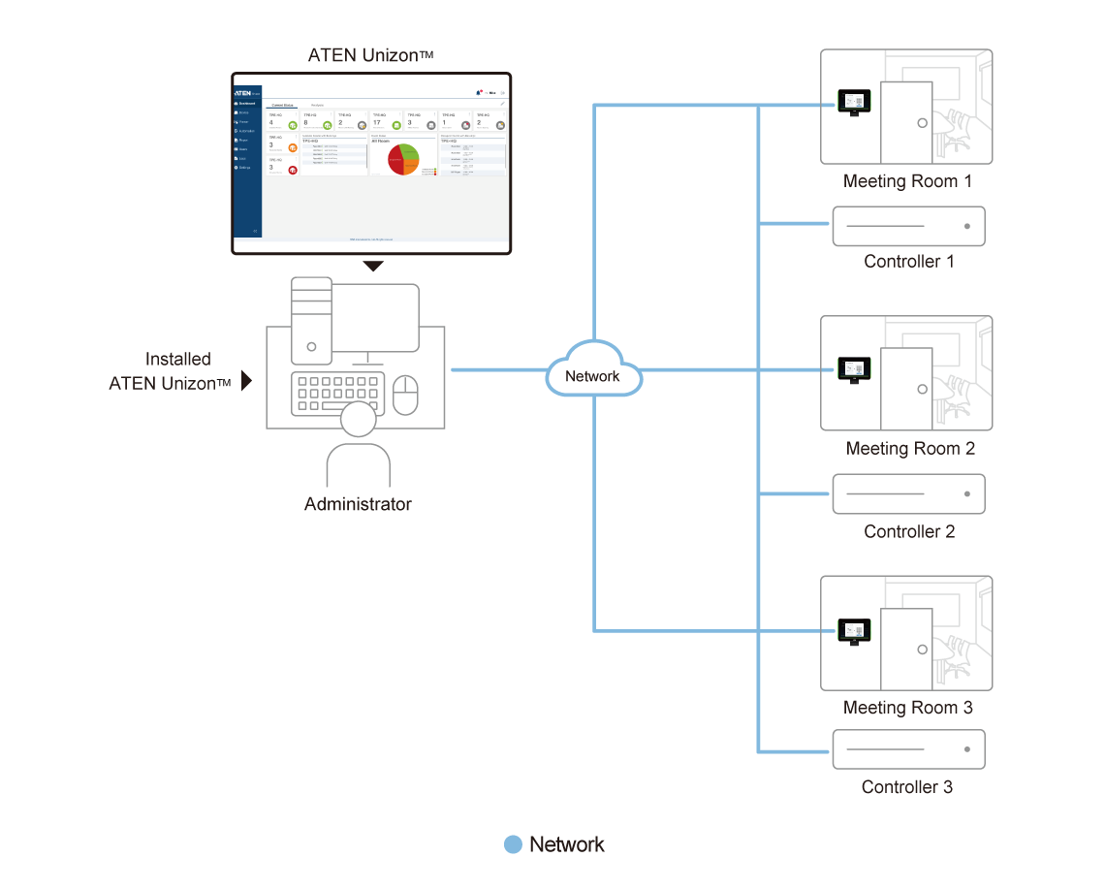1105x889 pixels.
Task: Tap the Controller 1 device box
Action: (x=908, y=227)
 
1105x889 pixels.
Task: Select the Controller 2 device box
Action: (x=908, y=493)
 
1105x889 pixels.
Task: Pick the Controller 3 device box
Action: (x=908, y=749)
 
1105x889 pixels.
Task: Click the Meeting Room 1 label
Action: (x=906, y=181)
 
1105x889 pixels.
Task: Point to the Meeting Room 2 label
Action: (x=909, y=449)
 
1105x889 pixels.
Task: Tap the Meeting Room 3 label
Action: (x=907, y=708)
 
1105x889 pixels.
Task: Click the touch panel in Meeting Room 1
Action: (x=854, y=101)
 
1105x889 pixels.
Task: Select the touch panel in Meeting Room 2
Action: (x=854, y=369)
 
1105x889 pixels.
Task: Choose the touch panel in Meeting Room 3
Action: (x=854, y=630)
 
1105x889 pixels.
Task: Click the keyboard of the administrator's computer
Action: (x=336, y=394)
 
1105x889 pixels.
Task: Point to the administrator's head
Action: (x=358, y=421)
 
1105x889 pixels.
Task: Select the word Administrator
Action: (x=358, y=504)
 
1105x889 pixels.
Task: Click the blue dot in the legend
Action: (x=514, y=844)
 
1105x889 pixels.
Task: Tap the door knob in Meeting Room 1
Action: (x=922, y=124)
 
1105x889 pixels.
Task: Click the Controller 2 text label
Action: (x=909, y=531)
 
